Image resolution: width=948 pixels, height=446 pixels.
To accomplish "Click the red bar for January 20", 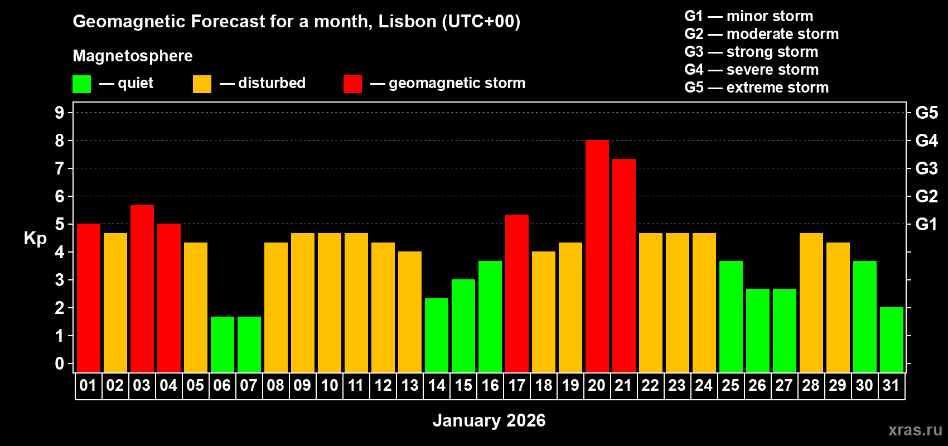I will pyautogui.click(x=597, y=256).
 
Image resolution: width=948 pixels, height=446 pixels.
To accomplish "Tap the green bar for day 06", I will pyautogui.click(x=222, y=345).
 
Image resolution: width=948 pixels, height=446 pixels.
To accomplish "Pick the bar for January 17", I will pyautogui.click(x=516, y=293).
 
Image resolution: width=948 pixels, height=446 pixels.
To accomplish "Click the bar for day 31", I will pyautogui.click(x=891, y=340).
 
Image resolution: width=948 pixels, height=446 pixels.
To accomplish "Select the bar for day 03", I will pyautogui.click(x=142, y=289).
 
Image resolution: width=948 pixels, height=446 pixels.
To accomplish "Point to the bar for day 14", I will pyautogui.click(x=436, y=335).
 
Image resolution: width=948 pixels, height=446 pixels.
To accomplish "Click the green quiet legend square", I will pyautogui.click(x=81, y=84).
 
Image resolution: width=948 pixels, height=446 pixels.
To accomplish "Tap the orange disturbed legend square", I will pyautogui.click(x=202, y=84).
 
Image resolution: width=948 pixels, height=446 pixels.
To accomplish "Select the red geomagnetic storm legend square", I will pyautogui.click(x=352, y=84).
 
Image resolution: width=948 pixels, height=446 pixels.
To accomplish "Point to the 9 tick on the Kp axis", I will pyautogui.click(x=60, y=113).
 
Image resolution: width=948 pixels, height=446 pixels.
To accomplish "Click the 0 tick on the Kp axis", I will pyautogui.click(x=60, y=363).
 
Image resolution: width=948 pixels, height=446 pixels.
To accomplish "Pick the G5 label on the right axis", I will pyautogui.click(x=926, y=113).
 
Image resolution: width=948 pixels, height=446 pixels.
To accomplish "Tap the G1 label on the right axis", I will pyautogui.click(x=926, y=224).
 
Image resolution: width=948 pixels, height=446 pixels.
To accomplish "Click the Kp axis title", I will pyautogui.click(x=35, y=239).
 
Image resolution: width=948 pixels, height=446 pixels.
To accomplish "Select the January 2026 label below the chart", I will pyautogui.click(x=488, y=420).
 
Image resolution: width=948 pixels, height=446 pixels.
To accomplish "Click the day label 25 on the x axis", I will pyautogui.click(x=730, y=385).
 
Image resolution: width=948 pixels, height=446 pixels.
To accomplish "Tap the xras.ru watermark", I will pyautogui.click(x=915, y=429).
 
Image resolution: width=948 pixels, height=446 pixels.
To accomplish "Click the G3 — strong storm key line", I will pyautogui.click(x=751, y=52).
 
